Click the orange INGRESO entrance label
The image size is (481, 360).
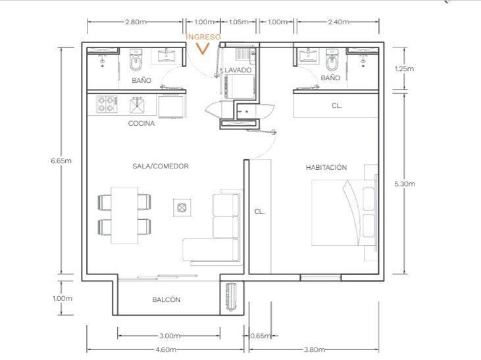[203, 37]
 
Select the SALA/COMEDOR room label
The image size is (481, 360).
[161, 166]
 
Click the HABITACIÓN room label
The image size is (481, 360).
[326, 167]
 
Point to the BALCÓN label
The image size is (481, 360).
[166, 299]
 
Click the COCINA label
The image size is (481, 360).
[141, 123]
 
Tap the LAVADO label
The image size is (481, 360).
[238, 70]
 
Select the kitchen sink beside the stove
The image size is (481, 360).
[138, 105]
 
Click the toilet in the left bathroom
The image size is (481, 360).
[136, 60]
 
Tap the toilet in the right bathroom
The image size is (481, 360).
[331, 60]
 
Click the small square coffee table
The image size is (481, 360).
[182, 207]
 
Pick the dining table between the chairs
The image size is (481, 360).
[124, 215]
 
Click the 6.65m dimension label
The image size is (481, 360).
[61, 161]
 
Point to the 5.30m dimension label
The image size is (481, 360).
[405, 184]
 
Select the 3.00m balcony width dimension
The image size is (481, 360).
[170, 336]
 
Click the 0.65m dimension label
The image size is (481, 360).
[261, 336]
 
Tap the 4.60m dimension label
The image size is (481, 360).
[166, 349]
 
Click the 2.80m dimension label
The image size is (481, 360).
[136, 22]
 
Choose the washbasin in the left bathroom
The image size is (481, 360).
[166, 55]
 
